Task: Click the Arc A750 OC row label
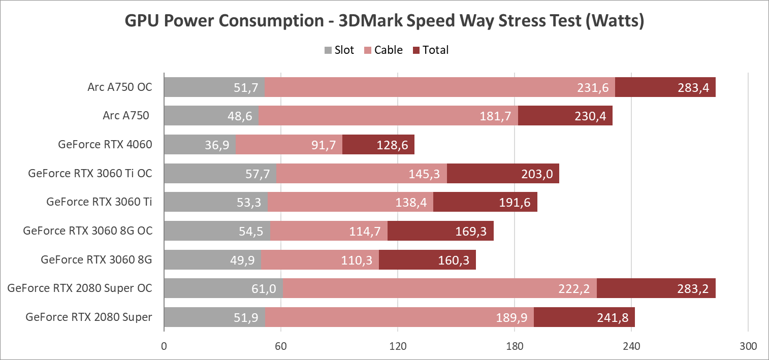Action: [x=119, y=87]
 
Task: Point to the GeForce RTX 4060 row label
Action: [x=105, y=145]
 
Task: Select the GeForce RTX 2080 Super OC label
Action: [x=80, y=288]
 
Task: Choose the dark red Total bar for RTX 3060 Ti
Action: [x=485, y=202]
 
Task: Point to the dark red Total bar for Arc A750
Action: [x=565, y=116]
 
